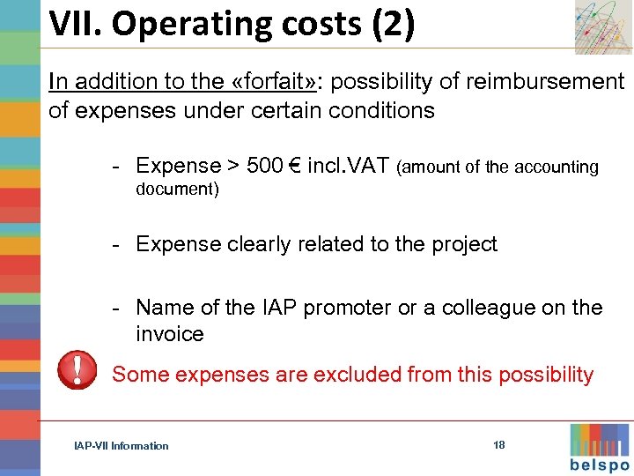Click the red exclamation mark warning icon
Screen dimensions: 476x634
tap(77, 369)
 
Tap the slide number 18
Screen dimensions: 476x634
tap(499, 445)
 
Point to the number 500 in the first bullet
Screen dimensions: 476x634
tap(265, 166)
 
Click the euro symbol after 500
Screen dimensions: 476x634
tap(294, 166)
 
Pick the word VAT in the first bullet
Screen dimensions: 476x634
tap(369, 166)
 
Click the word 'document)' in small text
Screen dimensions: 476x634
tap(177, 190)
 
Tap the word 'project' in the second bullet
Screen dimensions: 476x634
tap(463, 244)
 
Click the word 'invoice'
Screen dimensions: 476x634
tap(170, 334)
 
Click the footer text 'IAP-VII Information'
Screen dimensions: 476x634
tap(121, 446)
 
